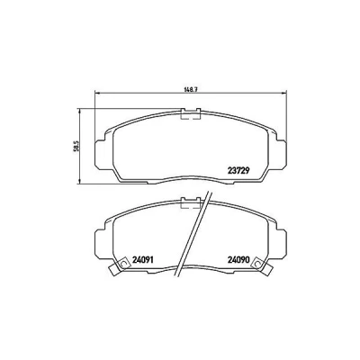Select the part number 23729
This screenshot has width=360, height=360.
pyautogui.click(x=238, y=171)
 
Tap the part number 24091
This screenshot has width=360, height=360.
pyautogui.click(x=142, y=260)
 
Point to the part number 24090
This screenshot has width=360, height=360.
pyautogui.click(x=238, y=260)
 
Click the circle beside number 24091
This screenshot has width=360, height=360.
pyautogui.click(x=122, y=264)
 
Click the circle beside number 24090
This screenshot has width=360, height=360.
pyautogui.click(x=256, y=264)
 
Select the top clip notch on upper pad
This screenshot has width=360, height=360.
pyautogui.click(x=191, y=113)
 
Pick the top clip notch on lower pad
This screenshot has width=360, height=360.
pyautogui.click(x=191, y=202)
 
